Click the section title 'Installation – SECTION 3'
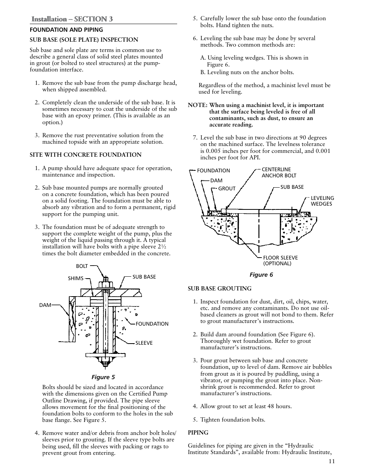click(x=72, y=19)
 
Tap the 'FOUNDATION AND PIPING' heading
click(x=66, y=30)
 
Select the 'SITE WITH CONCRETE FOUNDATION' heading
click(x=86, y=155)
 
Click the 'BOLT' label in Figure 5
click(x=82, y=266)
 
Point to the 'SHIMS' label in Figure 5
click(x=75, y=278)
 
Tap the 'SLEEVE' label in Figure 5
click(x=144, y=343)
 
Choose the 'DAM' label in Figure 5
click(x=45, y=305)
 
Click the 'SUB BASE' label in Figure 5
click(x=144, y=277)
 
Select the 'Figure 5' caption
click(x=103, y=377)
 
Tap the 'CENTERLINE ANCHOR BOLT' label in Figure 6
click(x=279, y=172)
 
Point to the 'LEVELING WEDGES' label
click(x=322, y=201)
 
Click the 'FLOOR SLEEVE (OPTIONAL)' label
click(x=280, y=260)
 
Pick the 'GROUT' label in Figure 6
click(x=227, y=188)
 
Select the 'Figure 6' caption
click(x=261, y=274)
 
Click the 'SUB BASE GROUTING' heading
click(x=220, y=288)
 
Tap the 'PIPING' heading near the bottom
click(x=198, y=433)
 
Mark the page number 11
click(x=331, y=461)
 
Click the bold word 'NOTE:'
click(x=197, y=105)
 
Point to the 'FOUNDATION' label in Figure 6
click(x=213, y=170)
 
